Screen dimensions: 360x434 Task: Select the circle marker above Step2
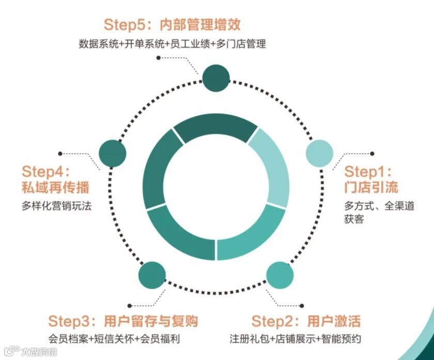pyautogui.click(x=280, y=276)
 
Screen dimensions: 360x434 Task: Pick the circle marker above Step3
pyautogui.click(x=152, y=276)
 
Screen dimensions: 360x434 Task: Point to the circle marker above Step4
pyautogui.click(x=112, y=154)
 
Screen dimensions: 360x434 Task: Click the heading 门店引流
pyautogui.click(x=371, y=187)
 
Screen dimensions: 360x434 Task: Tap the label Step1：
pyautogui.click(x=368, y=171)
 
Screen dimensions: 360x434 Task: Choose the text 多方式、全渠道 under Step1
pyautogui.click(x=380, y=205)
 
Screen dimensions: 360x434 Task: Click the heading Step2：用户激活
pyautogui.click(x=306, y=321)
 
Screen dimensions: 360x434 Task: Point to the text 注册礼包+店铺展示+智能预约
pyautogui.click(x=295, y=339)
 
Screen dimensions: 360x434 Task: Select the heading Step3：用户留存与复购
pyautogui.click(x=123, y=321)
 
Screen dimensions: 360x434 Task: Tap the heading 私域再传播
pyautogui.click(x=55, y=187)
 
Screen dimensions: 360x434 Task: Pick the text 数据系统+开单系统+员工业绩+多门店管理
pyautogui.click(x=173, y=43)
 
